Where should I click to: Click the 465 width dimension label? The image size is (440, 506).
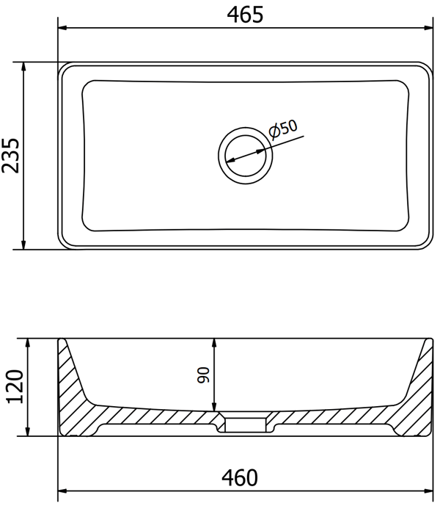(x=245, y=15)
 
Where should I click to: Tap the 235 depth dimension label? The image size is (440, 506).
(x=11, y=156)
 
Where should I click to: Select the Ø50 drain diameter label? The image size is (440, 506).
(x=283, y=130)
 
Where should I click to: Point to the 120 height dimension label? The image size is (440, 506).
(x=15, y=386)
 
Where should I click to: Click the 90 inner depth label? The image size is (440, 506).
(x=203, y=375)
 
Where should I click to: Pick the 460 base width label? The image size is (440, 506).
(x=240, y=477)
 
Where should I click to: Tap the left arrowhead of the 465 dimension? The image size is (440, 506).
(x=62, y=28)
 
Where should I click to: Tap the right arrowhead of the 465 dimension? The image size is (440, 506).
(x=429, y=28)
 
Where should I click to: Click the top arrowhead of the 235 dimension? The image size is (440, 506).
(x=23, y=67)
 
